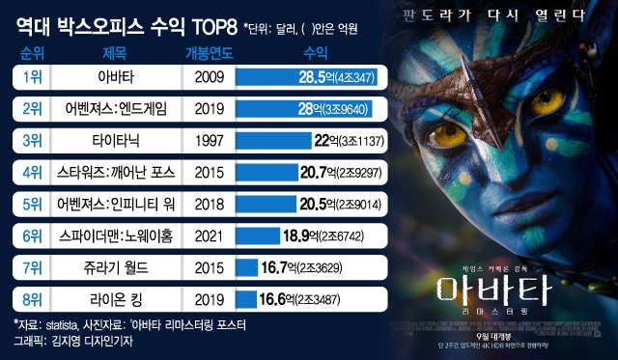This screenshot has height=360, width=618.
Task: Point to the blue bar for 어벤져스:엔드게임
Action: click(280, 108)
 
